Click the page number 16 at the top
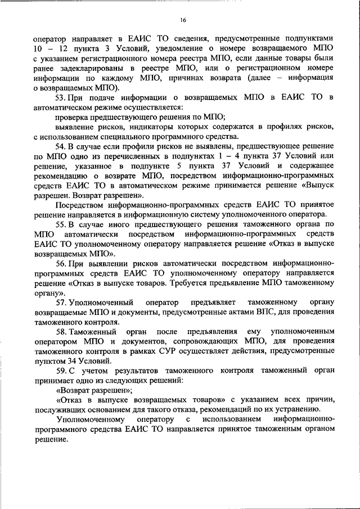183,20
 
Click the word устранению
296,410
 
